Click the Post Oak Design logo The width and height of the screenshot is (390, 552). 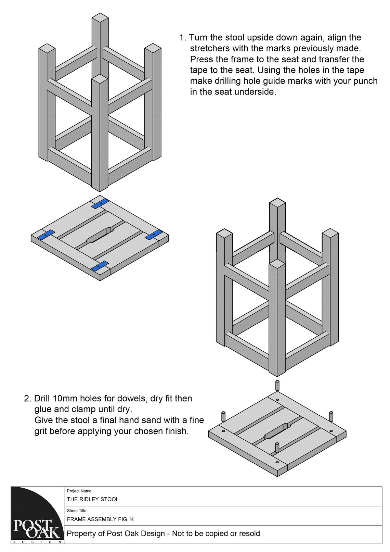pyautogui.click(x=37, y=515)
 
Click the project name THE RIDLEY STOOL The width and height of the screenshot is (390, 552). pyautogui.click(x=93, y=499)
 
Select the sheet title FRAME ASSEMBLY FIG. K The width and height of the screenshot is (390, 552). pyautogui.click(x=100, y=519)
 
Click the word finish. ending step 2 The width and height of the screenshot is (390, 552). pyautogui.click(x=175, y=431)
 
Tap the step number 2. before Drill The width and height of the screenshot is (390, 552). pyautogui.click(x=28, y=399)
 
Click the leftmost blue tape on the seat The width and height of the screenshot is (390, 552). pyautogui.click(x=46, y=235)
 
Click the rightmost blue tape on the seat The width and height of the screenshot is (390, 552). pyautogui.click(x=153, y=235)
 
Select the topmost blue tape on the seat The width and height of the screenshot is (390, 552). pyautogui.click(x=100, y=203)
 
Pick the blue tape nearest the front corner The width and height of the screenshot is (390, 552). pyautogui.click(x=100, y=266)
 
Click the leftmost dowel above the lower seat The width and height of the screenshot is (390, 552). pyautogui.click(x=223, y=416)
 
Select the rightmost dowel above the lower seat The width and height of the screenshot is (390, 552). pyautogui.click(x=331, y=416)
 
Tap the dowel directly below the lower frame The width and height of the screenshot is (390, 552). pyautogui.click(x=277, y=385)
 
